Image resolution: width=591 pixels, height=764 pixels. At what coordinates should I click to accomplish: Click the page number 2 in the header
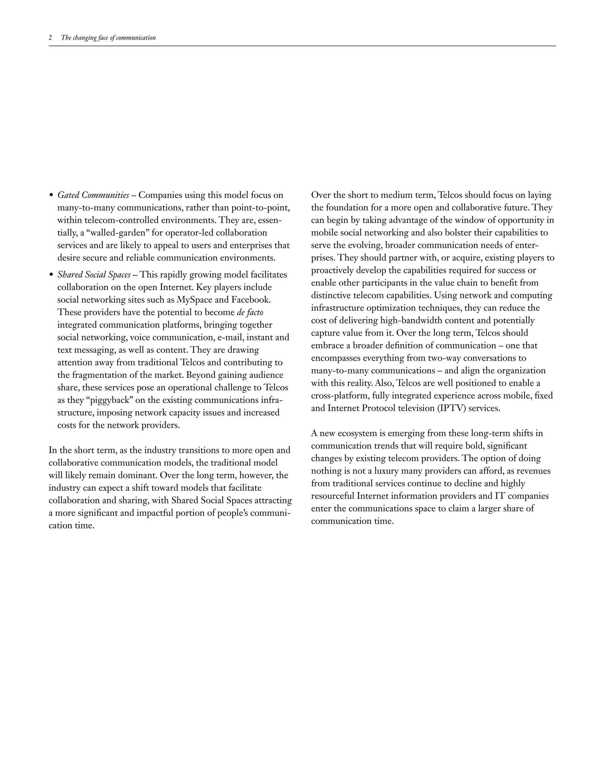click(51, 38)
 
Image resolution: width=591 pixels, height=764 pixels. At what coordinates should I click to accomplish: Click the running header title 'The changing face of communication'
click(108, 38)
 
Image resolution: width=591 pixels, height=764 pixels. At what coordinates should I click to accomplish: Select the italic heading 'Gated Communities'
click(93, 195)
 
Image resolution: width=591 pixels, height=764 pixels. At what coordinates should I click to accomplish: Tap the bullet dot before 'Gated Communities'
click(51, 195)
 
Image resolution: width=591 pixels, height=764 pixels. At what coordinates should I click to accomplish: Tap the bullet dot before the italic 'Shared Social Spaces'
click(51, 275)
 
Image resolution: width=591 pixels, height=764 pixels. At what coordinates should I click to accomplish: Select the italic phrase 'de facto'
click(250, 313)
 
